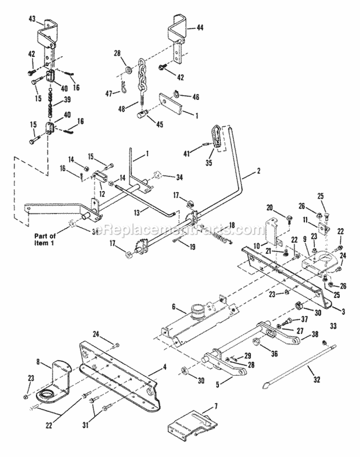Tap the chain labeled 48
(143, 79)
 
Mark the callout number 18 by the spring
(232, 225)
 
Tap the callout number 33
(333, 325)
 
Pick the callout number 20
(269, 207)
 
